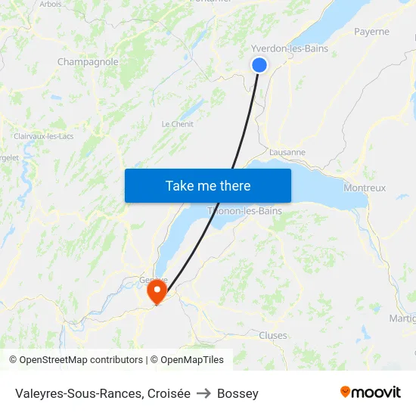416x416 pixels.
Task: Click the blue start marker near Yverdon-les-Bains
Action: [259, 65]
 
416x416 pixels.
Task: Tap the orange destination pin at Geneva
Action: [157, 291]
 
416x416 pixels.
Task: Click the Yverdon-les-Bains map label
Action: [290, 48]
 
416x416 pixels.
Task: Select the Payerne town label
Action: [371, 32]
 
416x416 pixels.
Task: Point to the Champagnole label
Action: [88, 62]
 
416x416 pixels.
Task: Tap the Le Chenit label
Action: [178, 124]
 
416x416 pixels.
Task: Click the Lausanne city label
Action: [287, 152]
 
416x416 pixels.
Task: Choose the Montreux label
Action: [365, 188]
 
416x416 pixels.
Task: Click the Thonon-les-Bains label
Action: [245, 211]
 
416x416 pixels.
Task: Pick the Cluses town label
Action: [273, 335]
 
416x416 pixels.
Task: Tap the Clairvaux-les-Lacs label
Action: [42, 136]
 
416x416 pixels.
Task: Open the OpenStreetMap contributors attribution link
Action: [76, 360]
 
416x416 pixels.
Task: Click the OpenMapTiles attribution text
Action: [187, 360]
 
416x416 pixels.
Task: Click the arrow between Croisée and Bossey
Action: [203, 393]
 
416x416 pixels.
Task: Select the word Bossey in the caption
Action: [237, 393]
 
